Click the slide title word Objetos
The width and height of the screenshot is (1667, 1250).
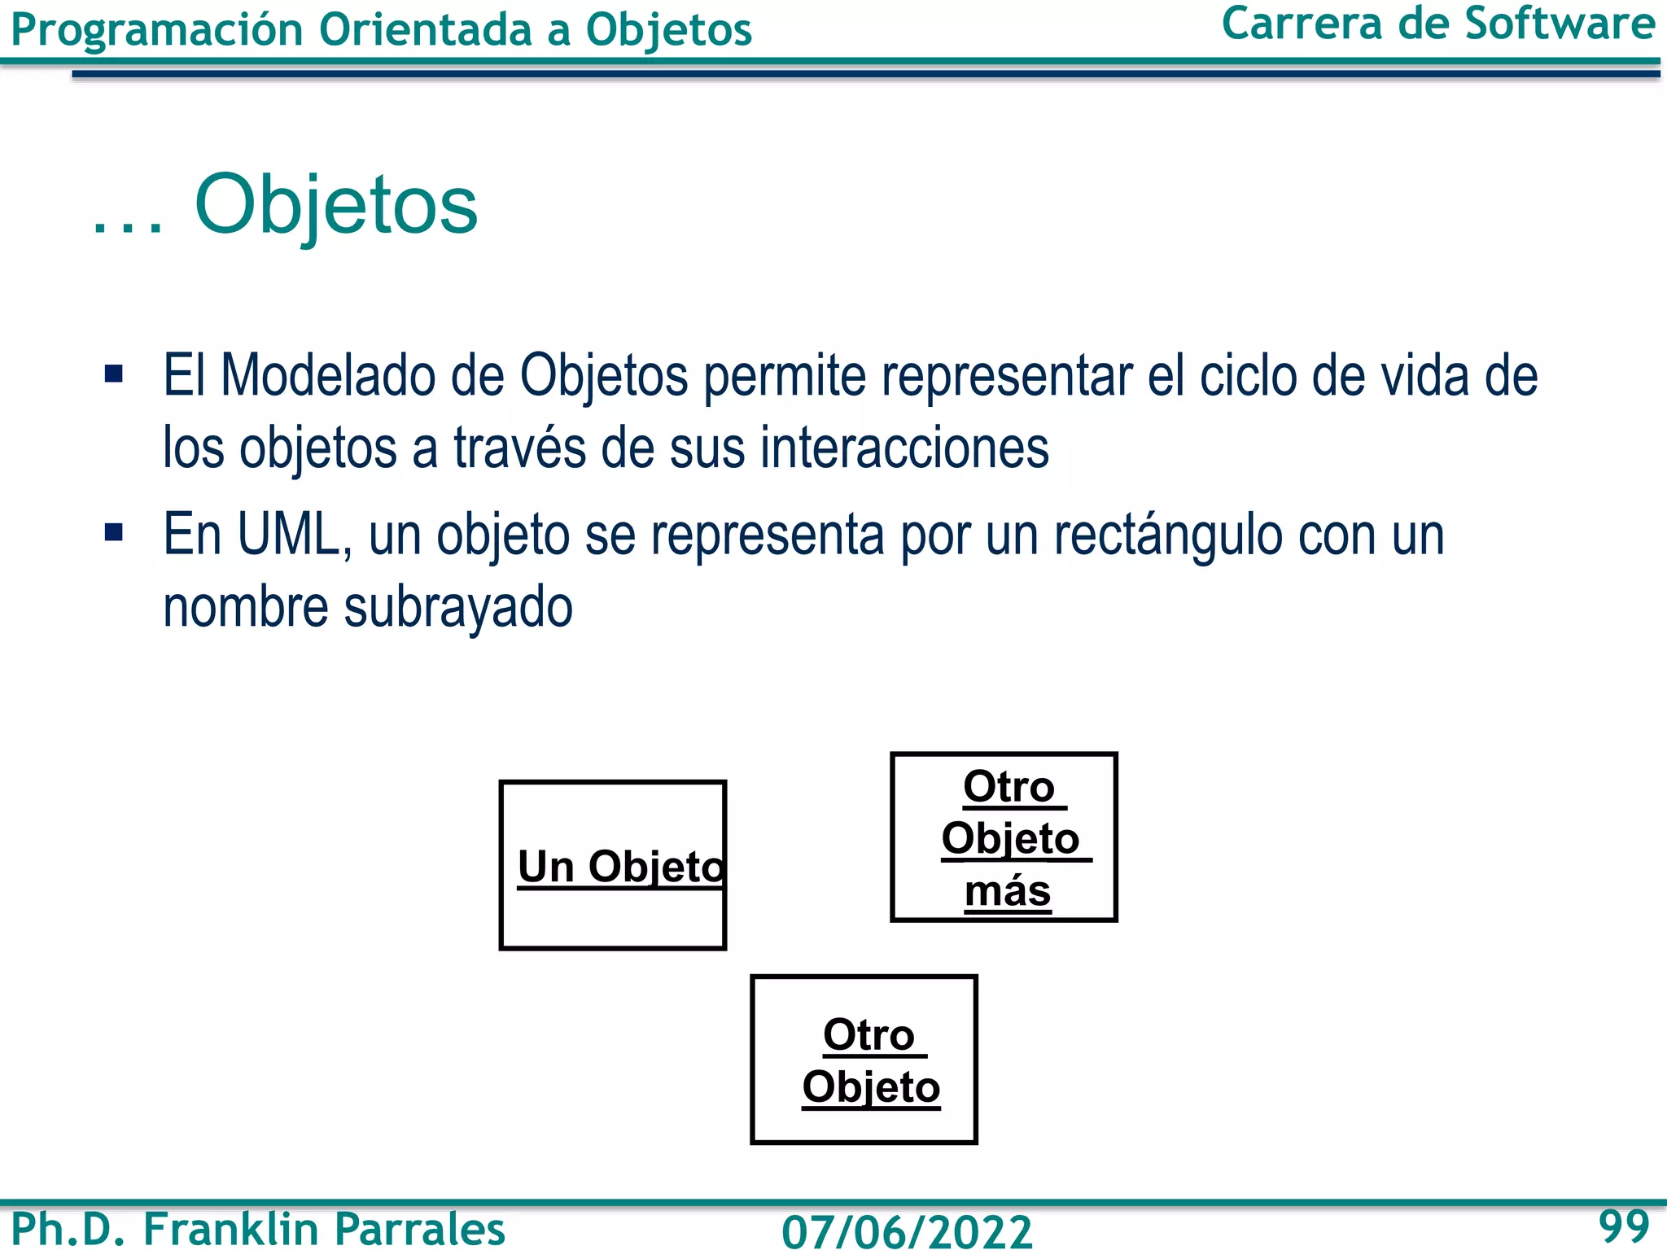pyautogui.click(x=336, y=205)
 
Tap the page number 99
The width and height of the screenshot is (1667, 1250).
pyautogui.click(x=1623, y=1226)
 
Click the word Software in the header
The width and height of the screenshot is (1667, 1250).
pyautogui.click(x=1560, y=24)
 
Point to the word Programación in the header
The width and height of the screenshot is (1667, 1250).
pyautogui.click(x=157, y=31)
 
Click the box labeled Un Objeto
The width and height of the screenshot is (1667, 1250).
pyautogui.click(x=613, y=864)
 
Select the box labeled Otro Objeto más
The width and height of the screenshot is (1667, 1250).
pyautogui.click(x=1004, y=837)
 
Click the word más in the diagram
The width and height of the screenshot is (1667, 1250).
pyautogui.click(x=1008, y=891)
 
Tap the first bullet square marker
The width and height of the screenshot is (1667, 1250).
pyautogui.click(x=114, y=374)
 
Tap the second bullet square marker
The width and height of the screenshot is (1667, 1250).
pyautogui.click(x=114, y=533)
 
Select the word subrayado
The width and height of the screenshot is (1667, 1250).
pyautogui.click(x=458, y=607)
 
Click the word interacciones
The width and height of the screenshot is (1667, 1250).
pyautogui.click(x=904, y=448)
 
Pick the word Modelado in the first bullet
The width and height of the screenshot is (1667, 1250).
pyautogui.click(x=328, y=376)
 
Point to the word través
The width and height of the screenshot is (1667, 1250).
pyautogui.click(x=518, y=448)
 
